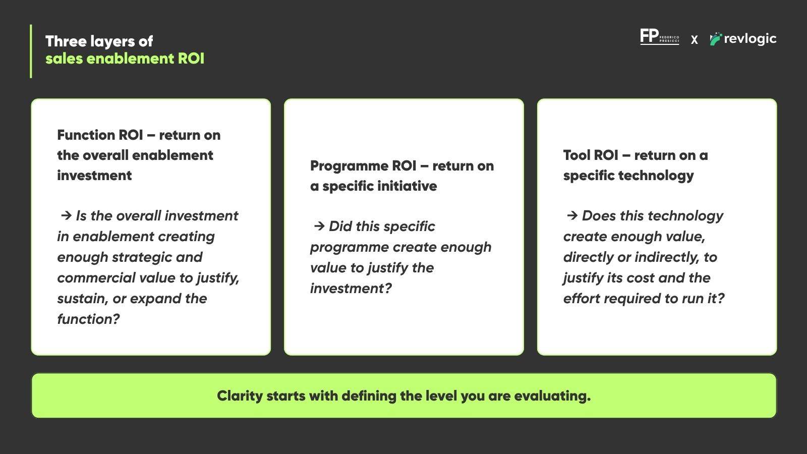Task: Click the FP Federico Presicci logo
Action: coord(659,37)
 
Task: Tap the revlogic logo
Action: coord(743,39)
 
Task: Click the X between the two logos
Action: coord(694,40)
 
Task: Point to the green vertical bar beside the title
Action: coord(31,51)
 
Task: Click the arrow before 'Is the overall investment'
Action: coord(66,216)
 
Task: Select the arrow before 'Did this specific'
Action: coord(319,226)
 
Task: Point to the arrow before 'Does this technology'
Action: coord(572,216)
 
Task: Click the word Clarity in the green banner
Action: coord(240,396)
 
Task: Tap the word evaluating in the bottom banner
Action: coord(552,396)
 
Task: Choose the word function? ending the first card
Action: coord(88,319)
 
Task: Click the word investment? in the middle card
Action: coord(351,288)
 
